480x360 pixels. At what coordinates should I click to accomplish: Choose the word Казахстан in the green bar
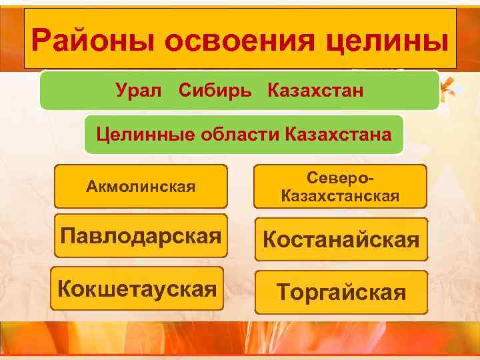click(x=315, y=91)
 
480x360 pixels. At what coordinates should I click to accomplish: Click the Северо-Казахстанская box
click(x=340, y=187)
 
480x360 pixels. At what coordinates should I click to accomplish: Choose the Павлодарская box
click(x=141, y=236)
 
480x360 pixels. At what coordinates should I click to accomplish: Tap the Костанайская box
click(x=340, y=239)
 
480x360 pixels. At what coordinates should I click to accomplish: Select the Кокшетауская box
click(x=137, y=289)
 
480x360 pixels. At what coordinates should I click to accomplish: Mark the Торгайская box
click(x=341, y=292)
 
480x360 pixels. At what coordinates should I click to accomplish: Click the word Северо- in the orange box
click(x=341, y=179)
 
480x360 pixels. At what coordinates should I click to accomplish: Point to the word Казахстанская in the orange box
click(x=340, y=196)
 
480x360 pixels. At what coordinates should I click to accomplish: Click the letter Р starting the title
click(x=41, y=41)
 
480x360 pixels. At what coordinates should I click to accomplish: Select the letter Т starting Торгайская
click(x=283, y=292)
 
